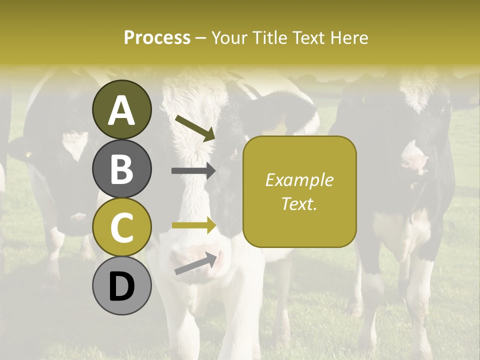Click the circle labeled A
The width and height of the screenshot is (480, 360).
coord(121,109)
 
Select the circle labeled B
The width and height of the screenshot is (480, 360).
coord(121,168)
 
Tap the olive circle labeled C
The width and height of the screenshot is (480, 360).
coord(121,227)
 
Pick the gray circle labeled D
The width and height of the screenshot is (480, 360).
coord(121,286)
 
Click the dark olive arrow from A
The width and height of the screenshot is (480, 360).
coord(195,127)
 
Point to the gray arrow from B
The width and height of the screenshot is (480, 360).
coord(193,171)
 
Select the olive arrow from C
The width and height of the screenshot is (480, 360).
coord(193,225)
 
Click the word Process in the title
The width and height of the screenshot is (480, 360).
coord(157,37)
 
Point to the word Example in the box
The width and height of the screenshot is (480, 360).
coord(299,180)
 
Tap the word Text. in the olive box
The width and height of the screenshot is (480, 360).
coord(299,203)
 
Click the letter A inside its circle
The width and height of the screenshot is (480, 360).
coord(121,110)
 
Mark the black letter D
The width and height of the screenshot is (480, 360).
coord(121,286)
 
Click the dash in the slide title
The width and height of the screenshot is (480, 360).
coord(201,38)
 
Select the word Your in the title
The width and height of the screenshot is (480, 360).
coord(228,37)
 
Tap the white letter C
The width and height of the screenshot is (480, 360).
coord(121,227)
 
